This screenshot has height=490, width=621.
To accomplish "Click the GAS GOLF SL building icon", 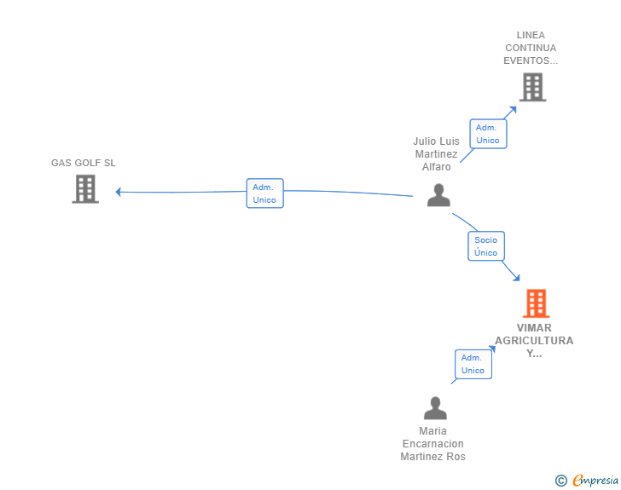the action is click(x=85, y=189).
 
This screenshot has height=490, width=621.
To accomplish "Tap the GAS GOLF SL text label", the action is click(x=84, y=163).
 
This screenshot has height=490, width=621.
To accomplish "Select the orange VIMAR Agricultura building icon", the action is click(x=537, y=303).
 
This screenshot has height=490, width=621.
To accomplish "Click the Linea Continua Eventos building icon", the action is click(x=532, y=87).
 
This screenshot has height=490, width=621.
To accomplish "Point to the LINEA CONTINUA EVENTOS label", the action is click(x=531, y=48).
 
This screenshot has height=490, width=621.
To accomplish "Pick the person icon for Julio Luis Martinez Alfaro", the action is click(x=438, y=195).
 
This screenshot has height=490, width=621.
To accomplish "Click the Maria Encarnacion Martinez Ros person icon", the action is click(x=435, y=408).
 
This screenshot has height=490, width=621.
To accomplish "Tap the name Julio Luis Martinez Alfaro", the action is click(x=436, y=154).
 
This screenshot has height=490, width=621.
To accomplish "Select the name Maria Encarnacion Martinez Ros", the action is click(x=432, y=444).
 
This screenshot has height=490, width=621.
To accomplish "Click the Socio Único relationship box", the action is click(x=486, y=246).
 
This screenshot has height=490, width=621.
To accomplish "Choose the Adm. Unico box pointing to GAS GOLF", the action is click(x=264, y=193).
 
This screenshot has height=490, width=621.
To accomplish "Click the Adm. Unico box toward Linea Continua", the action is click(x=488, y=134).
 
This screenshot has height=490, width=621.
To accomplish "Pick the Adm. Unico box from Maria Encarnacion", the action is click(x=473, y=364).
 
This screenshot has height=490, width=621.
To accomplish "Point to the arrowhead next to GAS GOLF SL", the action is click(x=118, y=192).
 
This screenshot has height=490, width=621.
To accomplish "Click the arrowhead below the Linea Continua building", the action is click(x=514, y=110).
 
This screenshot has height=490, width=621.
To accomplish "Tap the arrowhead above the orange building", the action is click(x=516, y=278).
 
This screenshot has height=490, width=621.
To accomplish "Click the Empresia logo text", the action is click(x=595, y=480).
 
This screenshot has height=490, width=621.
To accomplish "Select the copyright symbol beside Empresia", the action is click(x=561, y=481).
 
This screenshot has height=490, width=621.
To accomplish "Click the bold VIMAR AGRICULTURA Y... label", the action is click(x=534, y=341).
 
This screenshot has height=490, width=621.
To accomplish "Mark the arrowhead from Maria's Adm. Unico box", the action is click(x=492, y=349).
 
